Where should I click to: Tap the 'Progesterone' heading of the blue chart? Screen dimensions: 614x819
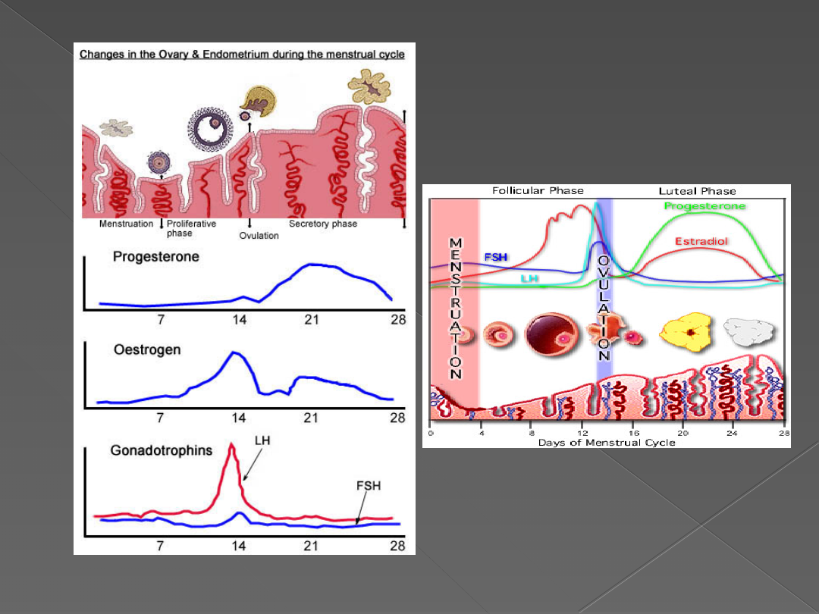click(x=155, y=257)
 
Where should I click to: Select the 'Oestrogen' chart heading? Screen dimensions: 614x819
click(x=147, y=351)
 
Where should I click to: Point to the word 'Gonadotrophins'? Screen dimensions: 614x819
click(x=162, y=450)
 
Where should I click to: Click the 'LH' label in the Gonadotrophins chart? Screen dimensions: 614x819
click(x=262, y=440)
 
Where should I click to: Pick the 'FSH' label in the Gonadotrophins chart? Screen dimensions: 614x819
click(x=369, y=486)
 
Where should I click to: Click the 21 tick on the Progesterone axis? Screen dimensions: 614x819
click(x=312, y=320)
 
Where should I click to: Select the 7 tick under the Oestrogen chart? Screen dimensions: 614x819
click(x=160, y=418)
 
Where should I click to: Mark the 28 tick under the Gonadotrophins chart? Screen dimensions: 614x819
click(x=397, y=546)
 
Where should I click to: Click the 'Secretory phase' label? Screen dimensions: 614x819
click(x=323, y=224)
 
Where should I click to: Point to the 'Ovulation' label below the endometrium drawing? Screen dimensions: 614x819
click(x=259, y=236)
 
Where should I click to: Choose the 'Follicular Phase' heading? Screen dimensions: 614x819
click(x=538, y=191)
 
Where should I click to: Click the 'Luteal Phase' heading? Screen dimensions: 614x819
click(x=697, y=191)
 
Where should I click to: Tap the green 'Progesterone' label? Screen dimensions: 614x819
click(x=704, y=206)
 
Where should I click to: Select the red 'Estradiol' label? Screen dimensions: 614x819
click(x=701, y=242)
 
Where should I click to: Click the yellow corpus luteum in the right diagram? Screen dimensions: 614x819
click(x=686, y=331)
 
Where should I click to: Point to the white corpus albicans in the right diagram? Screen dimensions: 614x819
click(x=750, y=331)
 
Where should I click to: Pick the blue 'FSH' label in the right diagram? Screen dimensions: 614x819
click(x=496, y=258)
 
